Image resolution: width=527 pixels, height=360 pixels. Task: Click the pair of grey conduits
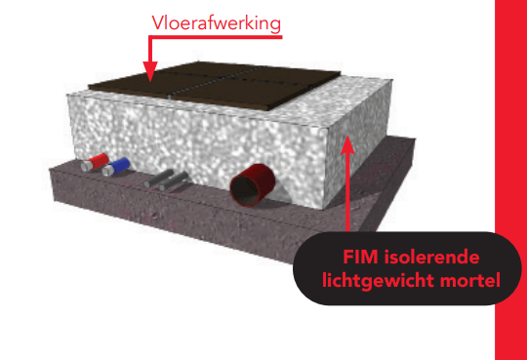point(163,179)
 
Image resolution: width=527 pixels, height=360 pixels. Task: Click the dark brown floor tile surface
point(215,88)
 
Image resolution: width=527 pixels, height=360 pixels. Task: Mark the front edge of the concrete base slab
point(146,215)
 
